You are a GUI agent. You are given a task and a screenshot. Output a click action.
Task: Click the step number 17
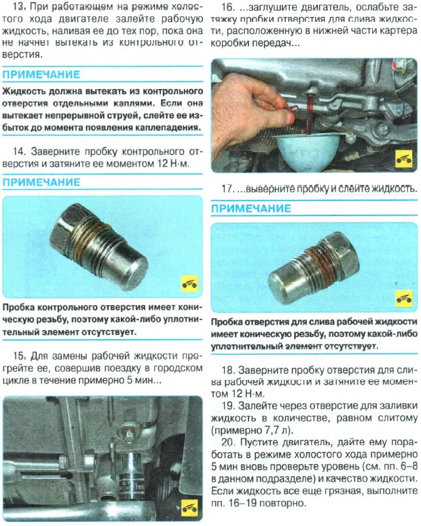pos(230,188)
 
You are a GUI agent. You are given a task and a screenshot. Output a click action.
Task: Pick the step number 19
pos(230,406)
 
